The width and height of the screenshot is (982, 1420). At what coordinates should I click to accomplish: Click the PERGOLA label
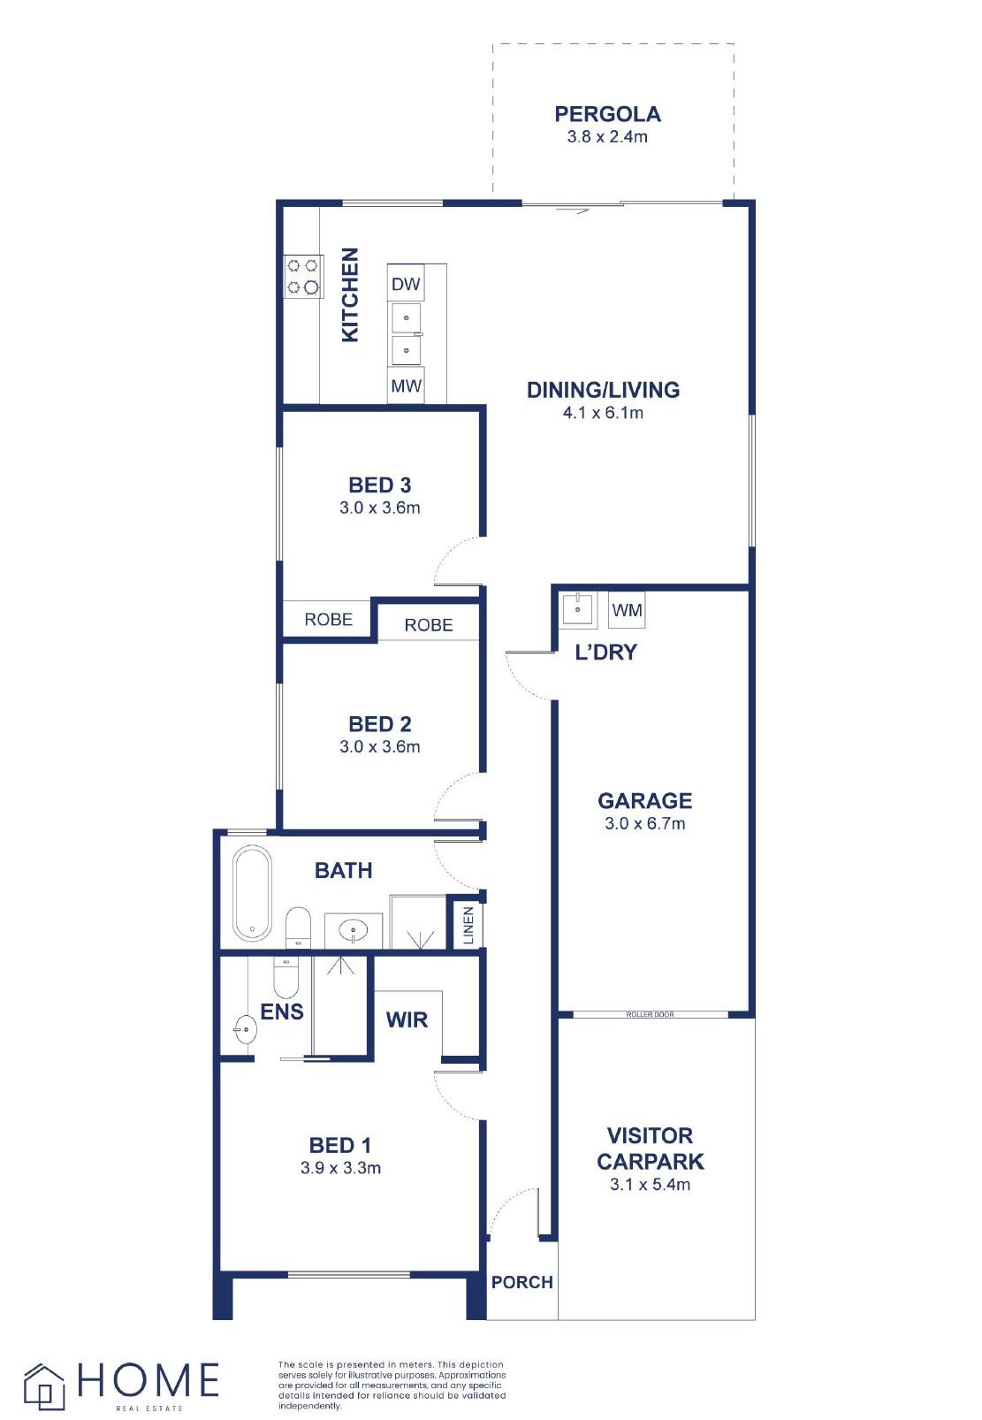tap(607, 114)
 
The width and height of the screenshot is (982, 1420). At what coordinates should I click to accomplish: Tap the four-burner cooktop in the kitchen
tap(303, 277)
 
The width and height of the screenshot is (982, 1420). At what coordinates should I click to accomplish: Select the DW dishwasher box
tap(406, 283)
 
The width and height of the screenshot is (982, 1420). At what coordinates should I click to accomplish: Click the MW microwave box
tap(406, 385)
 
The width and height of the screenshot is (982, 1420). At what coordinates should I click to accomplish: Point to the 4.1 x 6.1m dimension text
tap(603, 413)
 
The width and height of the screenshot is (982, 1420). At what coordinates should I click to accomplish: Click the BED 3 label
tap(379, 485)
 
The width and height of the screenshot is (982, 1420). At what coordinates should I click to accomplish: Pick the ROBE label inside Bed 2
tap(429, 625)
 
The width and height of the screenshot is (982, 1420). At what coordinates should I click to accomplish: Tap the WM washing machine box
tap(627, 610)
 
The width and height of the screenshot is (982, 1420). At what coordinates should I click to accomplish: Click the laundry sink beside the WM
tap(578, 610)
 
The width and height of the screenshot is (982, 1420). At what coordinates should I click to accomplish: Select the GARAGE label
tap(644, 801)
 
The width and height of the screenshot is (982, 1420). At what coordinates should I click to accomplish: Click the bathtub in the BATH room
tap(252, 893)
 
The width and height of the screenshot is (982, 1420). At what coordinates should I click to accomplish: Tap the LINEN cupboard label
tap(468, 926)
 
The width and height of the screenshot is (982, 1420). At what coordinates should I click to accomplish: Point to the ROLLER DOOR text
tap(650, 1014)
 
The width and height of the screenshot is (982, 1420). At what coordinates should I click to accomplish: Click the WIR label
tap(407, 1019)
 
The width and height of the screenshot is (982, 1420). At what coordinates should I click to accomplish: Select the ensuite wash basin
tap(245, 1029)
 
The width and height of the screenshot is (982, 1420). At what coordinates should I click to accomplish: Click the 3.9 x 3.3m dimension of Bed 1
tap(340, 1167)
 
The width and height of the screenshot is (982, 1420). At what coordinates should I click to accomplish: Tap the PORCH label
tap(522, 1282)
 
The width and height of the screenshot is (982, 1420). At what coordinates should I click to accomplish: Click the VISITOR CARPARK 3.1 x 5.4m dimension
tap(650, 1184)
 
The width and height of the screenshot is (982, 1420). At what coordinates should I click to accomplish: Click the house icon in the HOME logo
tap(44, 1386)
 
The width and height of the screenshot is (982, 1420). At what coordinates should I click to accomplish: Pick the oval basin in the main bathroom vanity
tap(354, 931)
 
